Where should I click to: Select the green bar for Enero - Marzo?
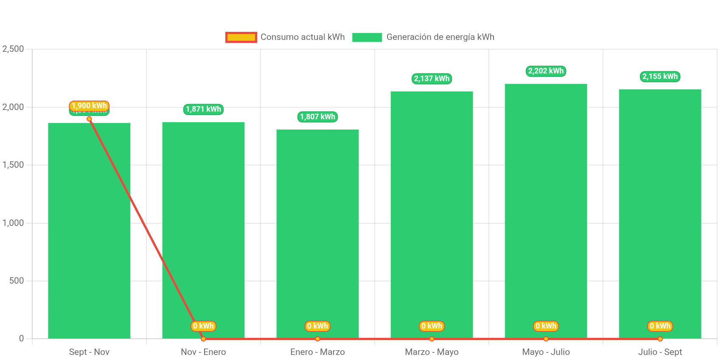pyautogui.click(x=317, y=234)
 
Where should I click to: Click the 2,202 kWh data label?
pyautogui.click(x=546, y=71)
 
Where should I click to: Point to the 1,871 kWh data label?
pyautogui.click(x=203, y=109)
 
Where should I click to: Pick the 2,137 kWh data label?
pyautogui.click(x=432, y=79)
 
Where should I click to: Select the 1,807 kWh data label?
pyautogui.click(x=317, y=117)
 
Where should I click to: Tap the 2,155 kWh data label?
pyautogui.click(x=660, y=76)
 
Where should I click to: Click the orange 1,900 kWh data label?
pyautogui.click(x=89, y=105)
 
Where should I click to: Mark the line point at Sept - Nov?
pyautogui.click(x=89, y=119)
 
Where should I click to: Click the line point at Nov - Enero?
pyautogui.click(x=203, y=339)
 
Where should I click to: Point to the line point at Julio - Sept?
pyautogui.click(x=660, y=339)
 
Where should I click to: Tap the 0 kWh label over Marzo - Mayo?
pyautogui.click(x=432, y=326)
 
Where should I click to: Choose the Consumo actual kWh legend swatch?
pyautogui.click(x=241, y=37)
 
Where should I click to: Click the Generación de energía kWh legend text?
pyautogui.click(x=440, y=37)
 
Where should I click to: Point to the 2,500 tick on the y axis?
pyautogui.click(x=13, y=49)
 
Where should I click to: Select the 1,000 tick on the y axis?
pyautogui.click(x=13, y=223)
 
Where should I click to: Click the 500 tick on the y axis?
pyautogui.click(x=17, y=281)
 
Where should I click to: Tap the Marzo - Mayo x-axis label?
pyautogui.click(x=432, y=352)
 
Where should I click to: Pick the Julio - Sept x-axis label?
pyautogui.click(x=660, y=352)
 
